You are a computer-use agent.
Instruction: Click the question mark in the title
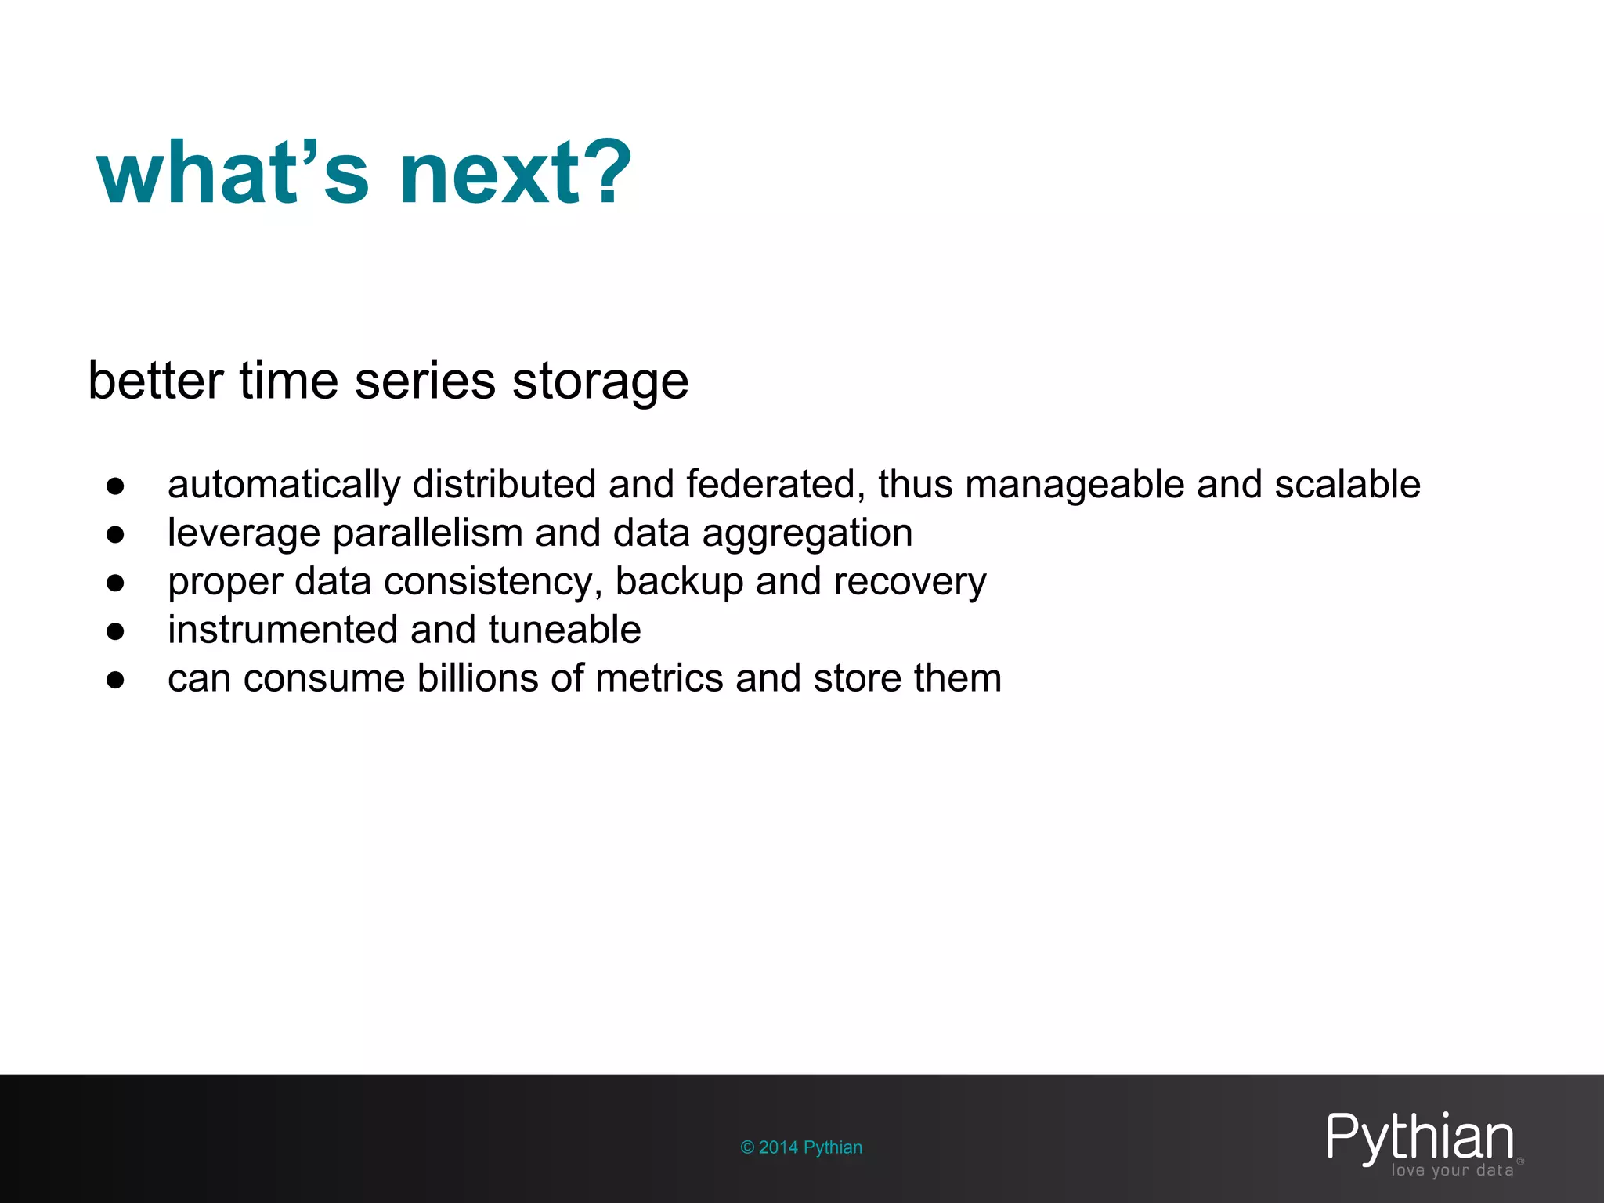click(x=605, y=172)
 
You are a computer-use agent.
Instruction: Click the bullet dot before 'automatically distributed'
click(x=116, y=486)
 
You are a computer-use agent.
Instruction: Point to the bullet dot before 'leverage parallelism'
click(x=116, y=534)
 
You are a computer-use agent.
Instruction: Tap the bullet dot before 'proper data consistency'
click(x=116, y=583)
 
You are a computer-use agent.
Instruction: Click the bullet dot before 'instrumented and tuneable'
click(x=116, y=631)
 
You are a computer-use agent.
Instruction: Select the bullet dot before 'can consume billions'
click(x=116, y=680)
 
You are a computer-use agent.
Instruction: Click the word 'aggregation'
click(x=807, y=535)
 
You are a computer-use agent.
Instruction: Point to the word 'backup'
click(x=679, y=582)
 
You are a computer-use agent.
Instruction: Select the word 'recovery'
click(x=909, y=582)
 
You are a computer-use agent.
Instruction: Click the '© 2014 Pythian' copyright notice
click(x=801, y=1147)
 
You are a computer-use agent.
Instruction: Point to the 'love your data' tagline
click(x=1452, y=1170)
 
